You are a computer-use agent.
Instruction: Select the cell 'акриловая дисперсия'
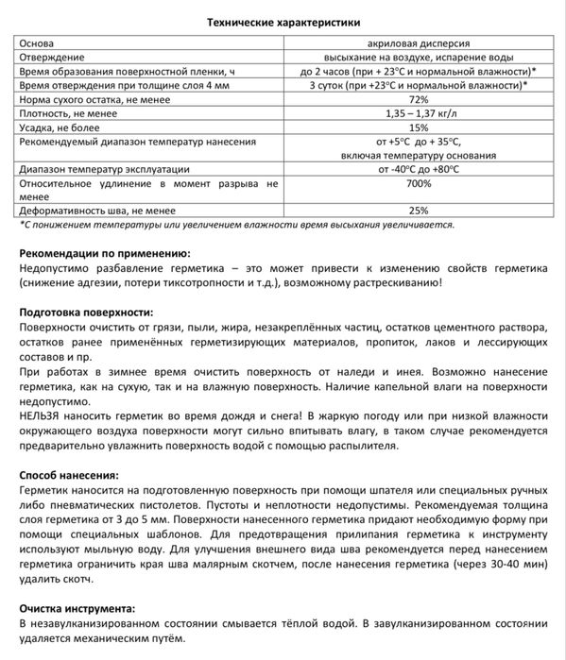[418, 43]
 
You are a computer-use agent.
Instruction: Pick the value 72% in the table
[418, 98]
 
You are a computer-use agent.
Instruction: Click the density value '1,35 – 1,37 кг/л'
[418, 112]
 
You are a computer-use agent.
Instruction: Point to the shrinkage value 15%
[418, 127]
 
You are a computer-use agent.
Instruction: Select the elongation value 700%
[418, 183]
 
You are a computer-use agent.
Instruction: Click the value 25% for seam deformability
[418, 211]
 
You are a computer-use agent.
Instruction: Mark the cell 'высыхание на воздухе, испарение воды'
[418, 58]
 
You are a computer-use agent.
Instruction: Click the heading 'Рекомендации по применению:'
[105, 253]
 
